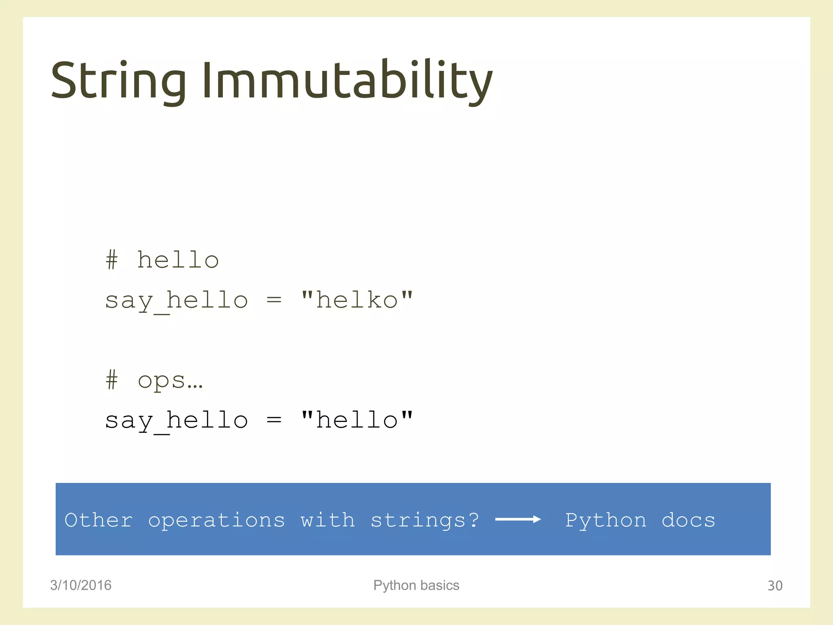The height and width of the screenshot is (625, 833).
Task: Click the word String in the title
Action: click(x=118, y=80)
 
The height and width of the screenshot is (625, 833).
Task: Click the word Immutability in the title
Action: click(x=347, y=80)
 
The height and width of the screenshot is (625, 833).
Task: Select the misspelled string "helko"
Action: click(x=357, y=300)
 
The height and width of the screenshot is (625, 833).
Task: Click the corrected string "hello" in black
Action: click(x=357, y=420)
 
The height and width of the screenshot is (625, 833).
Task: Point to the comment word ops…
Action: click(x=170, y=381)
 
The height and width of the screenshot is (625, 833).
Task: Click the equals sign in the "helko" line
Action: click(x=274, y=300)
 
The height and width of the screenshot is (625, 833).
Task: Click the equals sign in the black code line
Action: click(x=274, y=420)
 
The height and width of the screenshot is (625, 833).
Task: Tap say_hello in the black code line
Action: click(x=177, y=421)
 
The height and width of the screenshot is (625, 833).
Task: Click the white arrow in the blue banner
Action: click(x=518, y=519)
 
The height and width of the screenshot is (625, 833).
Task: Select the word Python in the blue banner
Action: click(x=606, y=520)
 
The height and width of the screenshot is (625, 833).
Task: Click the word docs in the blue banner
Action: click(x=688, y=520)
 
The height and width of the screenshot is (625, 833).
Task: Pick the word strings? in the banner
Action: click(x=425, y=520)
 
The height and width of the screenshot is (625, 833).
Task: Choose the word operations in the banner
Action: click(x=216, y=520)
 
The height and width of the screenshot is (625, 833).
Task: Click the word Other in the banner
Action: click(x=99, y=520)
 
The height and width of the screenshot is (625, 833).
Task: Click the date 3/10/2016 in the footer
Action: click(x=81, y=585)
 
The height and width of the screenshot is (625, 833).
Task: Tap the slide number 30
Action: click(x=775, y=586)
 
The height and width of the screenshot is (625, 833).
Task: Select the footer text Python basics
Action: click(x=416, y=585)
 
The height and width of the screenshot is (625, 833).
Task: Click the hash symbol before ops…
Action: click(x=112, y=380)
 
